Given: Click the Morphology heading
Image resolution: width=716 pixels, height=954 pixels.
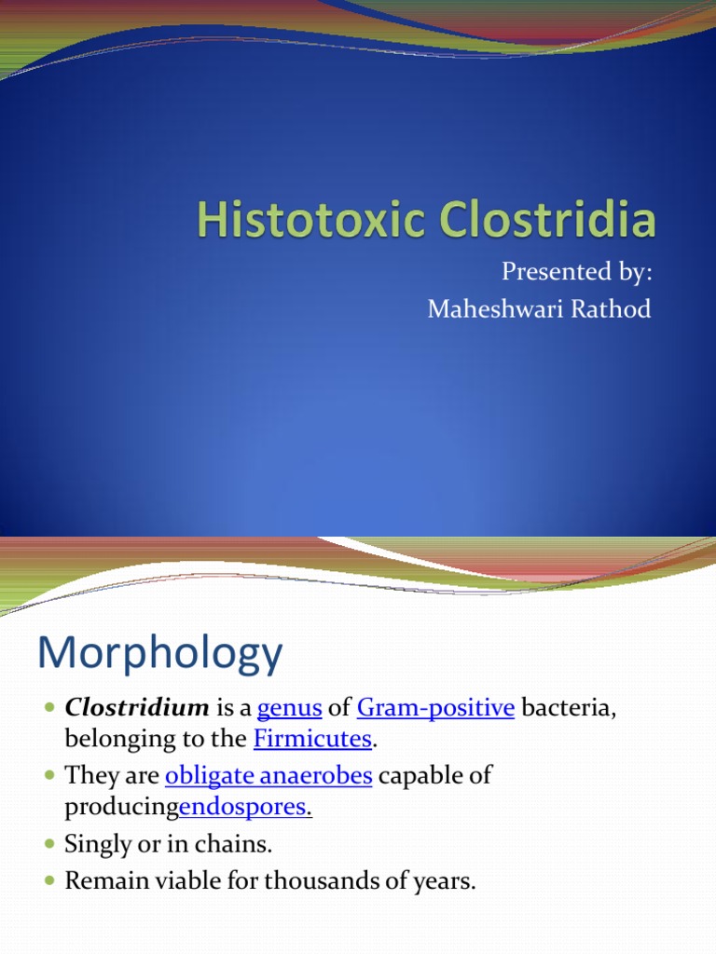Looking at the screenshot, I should click(x=159, y=655).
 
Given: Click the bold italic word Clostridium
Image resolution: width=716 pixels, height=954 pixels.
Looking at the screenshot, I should click(x=137, y=708).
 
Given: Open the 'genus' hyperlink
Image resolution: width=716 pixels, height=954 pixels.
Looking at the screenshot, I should click(x=289, y=709).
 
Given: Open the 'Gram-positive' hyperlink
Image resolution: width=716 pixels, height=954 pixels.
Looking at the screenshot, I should click(x=435, y=708).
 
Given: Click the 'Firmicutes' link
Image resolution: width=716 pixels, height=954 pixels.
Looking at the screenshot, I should click(x=312, y=741).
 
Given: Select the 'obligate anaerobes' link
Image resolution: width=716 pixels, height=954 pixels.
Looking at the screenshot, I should click(x=268, y=775).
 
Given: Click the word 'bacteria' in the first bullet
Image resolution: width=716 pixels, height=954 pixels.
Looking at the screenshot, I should click(x=568, y=708).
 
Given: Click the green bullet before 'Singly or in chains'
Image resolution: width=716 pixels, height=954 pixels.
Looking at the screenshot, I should click(x=49, y=844).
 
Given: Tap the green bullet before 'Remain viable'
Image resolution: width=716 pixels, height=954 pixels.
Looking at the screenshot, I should click(x=49, y=880).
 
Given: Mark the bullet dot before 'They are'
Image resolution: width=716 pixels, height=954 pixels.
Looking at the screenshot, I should click(x=49, y=775).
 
